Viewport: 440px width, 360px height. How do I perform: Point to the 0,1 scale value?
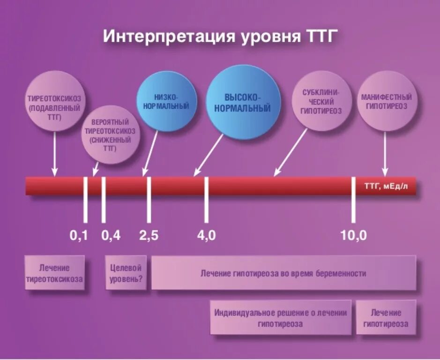point(79,236)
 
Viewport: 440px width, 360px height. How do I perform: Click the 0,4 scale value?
point(111,236)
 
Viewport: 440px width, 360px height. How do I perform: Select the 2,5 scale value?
point(149,236)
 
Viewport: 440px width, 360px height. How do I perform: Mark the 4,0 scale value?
point(206,236)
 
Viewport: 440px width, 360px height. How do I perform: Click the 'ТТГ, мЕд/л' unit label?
point(386,186)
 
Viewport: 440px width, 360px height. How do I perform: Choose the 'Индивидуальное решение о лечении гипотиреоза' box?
point(281,318)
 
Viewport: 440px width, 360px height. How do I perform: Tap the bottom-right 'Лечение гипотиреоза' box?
point(386,318)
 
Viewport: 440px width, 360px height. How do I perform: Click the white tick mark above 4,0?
point(206,199)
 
